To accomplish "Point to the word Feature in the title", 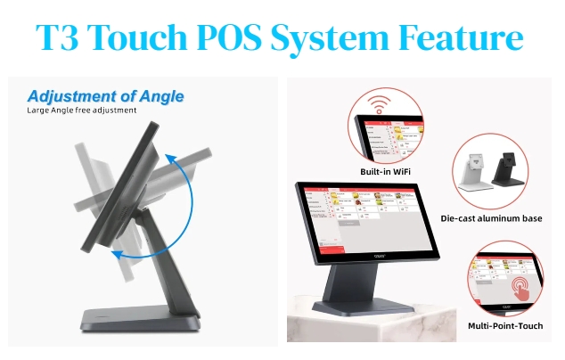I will pos(471,38).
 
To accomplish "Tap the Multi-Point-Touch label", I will pos(506,326).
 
